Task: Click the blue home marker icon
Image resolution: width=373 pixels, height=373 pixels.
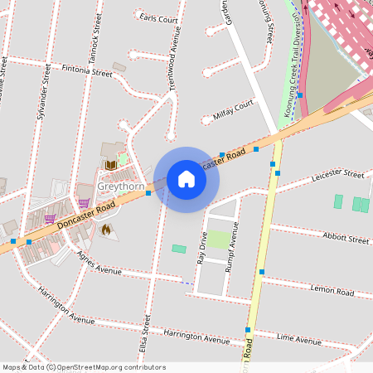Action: pyautogui.click(x=186, y=179)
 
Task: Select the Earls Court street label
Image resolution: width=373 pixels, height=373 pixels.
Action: pyautogui.click(x=158, y=18)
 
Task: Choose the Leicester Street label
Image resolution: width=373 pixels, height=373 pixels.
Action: pyautogui.click(x=338, y=176)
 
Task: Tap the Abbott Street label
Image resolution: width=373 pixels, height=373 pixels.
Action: pyautogui.click(x=346, y=239)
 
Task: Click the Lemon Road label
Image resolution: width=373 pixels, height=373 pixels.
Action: pyautogui.click(x=332, y=292)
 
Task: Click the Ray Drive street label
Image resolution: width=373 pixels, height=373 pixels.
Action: pyautogui.click(x=201, y=247)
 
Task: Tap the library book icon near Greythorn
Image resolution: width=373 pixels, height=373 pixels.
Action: pyautogui.click(x=110, y=165)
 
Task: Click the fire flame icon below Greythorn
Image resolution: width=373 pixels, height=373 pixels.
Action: pyautogui.click(x=105, y=230)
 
